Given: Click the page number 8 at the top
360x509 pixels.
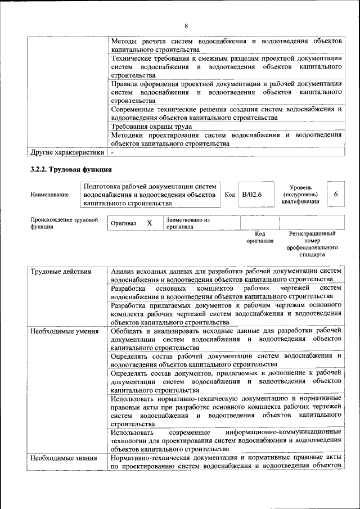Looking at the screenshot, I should coord(185,26).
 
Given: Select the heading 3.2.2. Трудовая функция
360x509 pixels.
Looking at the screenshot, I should coord(71,169).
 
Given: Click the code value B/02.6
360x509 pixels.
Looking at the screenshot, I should coord(252,194).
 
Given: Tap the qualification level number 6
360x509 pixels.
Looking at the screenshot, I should coord(335,194).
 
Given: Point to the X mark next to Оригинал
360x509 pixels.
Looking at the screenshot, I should coord(150,223).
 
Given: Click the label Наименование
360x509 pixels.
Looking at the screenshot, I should coord(50,195).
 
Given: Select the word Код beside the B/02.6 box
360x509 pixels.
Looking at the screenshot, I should coord(229,194).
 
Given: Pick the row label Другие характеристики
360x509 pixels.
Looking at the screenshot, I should coord(67,152).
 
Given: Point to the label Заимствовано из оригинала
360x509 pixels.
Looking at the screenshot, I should coord(188,223).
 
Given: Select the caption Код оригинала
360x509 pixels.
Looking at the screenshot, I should coord(259,237).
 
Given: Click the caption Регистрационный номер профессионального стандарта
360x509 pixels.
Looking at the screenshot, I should coord(312,244).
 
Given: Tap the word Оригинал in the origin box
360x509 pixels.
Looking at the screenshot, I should coord(124,223).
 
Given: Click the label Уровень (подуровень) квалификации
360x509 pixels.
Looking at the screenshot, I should coord(301,194).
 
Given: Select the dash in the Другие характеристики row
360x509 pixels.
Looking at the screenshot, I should coord(112,152).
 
